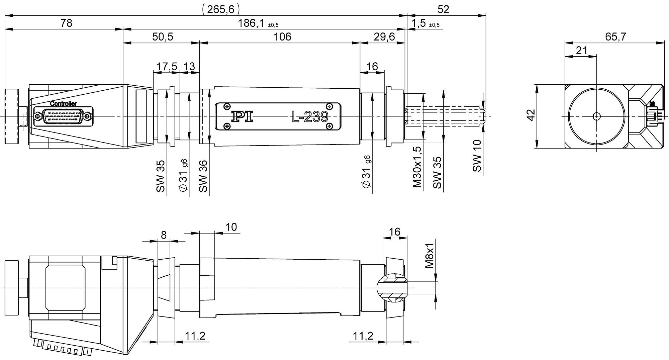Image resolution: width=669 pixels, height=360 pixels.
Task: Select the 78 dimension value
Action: click(x=66, y=23)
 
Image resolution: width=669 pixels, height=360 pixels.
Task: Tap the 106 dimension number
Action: click(x=282, y=37)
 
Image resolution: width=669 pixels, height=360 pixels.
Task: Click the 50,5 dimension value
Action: click(x=163, y=37)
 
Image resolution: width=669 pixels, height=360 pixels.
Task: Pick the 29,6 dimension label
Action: click(x=384, y=37)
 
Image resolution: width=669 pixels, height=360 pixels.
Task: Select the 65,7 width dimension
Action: click(x=615, y=37)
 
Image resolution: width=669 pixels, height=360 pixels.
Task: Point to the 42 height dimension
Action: click(x=531, y=115)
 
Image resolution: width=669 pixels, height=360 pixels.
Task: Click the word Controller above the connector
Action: click(x=64, y=104)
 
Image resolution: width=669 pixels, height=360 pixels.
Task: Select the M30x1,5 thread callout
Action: click(x=417, y=167)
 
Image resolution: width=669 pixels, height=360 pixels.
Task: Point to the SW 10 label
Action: click(x=477, y=156)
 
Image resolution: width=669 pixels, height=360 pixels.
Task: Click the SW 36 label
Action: click(x=203, y=176)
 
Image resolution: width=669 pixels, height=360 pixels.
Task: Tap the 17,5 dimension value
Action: click(x=167, y=67)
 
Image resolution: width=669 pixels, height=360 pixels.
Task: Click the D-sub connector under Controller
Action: click(x=63, y=116)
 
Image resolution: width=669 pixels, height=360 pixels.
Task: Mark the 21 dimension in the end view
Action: click(x=582, y=51)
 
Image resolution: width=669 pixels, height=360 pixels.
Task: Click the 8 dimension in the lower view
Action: click(x=164, y=236)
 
